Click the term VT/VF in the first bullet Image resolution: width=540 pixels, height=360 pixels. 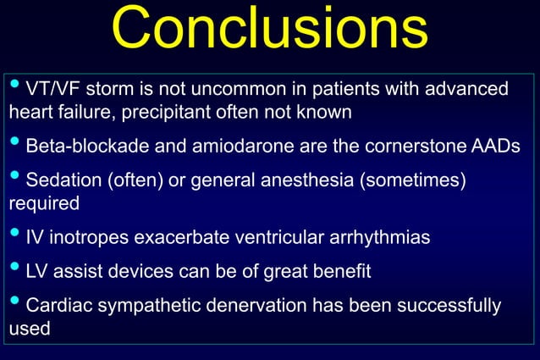52,89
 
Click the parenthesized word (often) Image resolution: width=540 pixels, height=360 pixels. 135,180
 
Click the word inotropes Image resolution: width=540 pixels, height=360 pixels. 88,237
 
